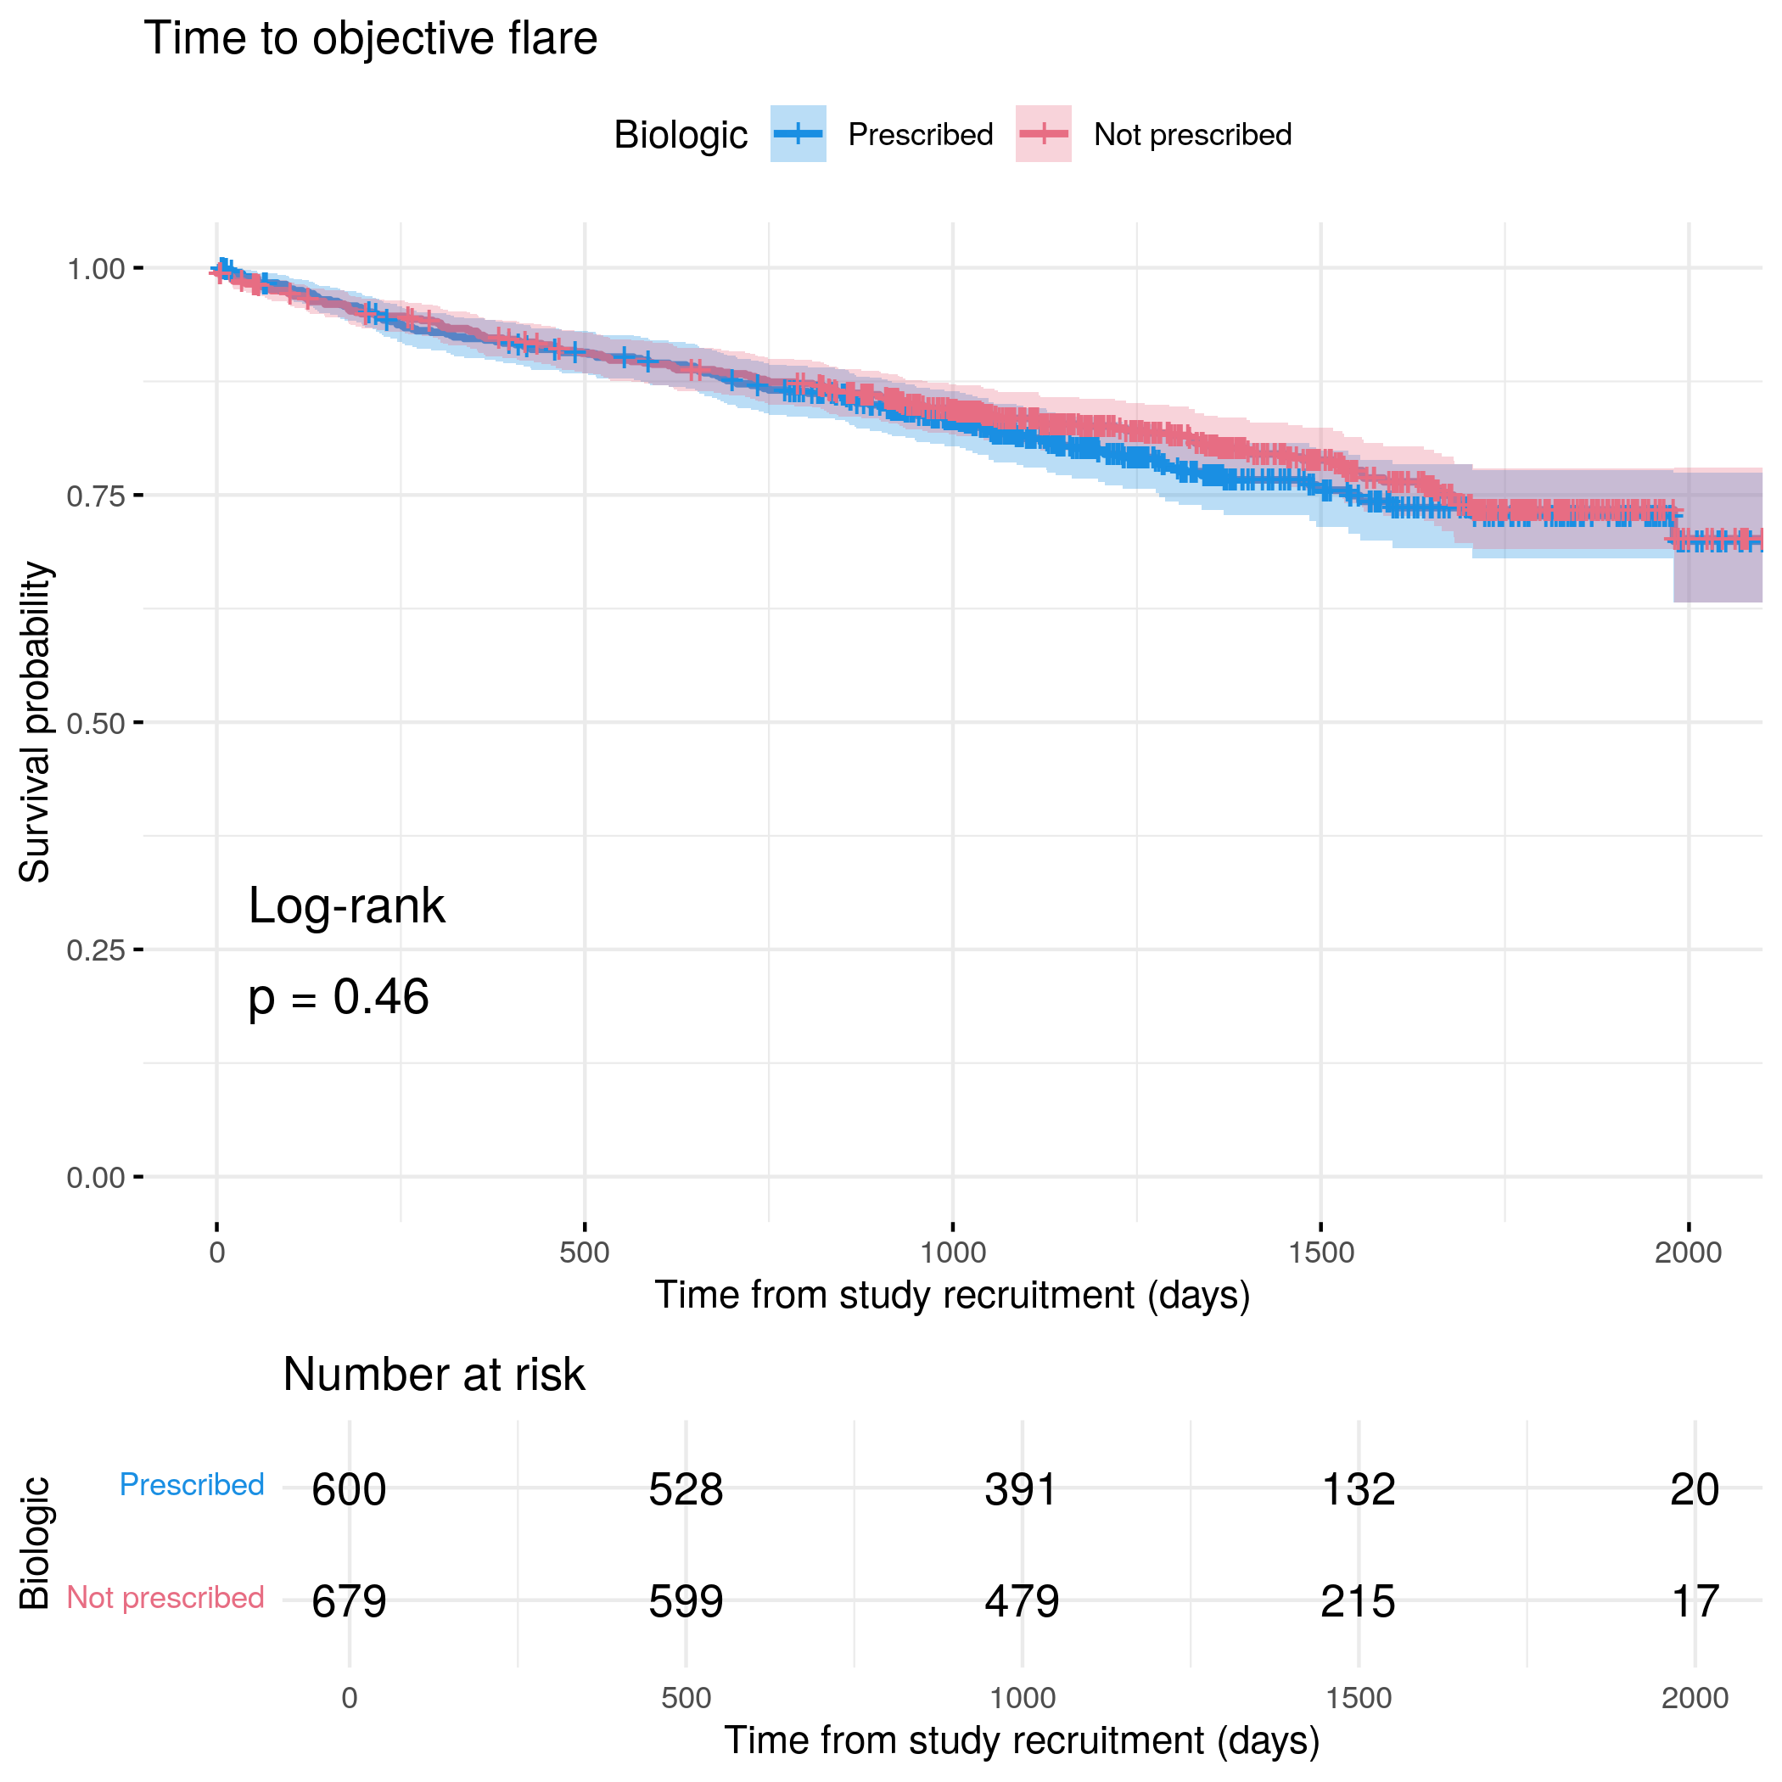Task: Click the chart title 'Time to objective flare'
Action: (x=370, y=39)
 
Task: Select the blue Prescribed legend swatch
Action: (x=798, y=134)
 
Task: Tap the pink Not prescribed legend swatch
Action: (x=1043, y=134)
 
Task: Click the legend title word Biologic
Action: (x=681, y=135)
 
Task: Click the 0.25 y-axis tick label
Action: (x=95, y=950)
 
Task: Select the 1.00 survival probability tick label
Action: (x=95, y=269)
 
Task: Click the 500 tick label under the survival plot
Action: (x=585, y=1252)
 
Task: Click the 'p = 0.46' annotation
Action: (x=339, y=997)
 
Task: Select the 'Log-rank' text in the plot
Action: (x=347, y=905)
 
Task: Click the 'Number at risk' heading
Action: (x=434, y=1376)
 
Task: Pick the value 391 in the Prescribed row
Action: (x=1021, y=1489)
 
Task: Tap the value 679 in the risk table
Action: (x=349, y=1602)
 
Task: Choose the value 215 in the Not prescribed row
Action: (x=1358, y=1602)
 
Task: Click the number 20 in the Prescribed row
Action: (x=1695, y=1489)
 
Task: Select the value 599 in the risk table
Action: (x=686, y=1602)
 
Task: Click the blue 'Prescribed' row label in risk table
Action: (x=192, y=1485)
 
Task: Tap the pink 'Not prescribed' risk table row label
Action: (x=166, y=1598)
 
